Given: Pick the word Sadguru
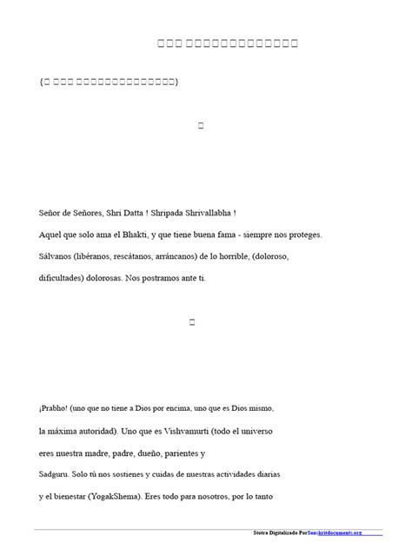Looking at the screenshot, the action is tap(59, 476).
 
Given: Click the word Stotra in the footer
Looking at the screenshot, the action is tap(257, 532).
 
